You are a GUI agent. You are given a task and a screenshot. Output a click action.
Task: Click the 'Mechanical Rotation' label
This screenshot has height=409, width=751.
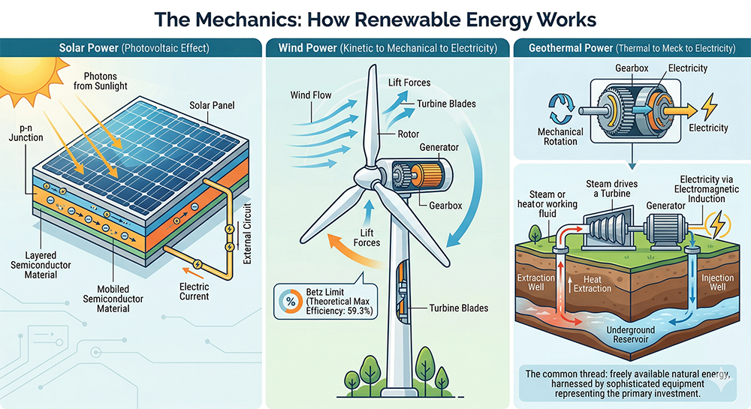pos(560,137)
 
